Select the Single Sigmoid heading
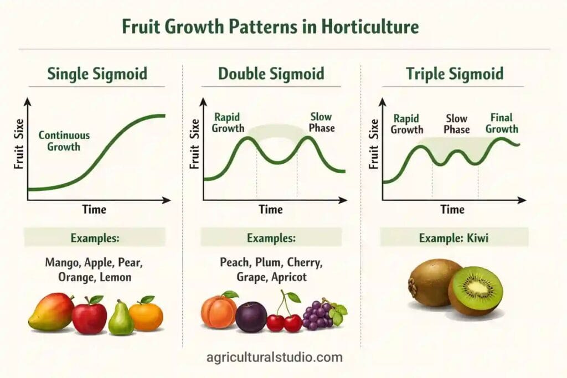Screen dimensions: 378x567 click(97, 74)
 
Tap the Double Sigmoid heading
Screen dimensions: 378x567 click(271, 74)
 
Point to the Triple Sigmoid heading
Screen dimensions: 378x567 click(455, 74)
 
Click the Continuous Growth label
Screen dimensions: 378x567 click(64, 141)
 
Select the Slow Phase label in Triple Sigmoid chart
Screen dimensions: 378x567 click(457, 124)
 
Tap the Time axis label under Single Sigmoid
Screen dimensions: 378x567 click(94, 210)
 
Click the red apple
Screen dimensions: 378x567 click(90, 315)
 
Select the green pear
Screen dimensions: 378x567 click(120, 318)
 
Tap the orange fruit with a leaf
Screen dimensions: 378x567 click(146, 314)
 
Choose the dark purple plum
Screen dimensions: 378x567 click(251, 317)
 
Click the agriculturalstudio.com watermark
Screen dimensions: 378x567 click(274, 357)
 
